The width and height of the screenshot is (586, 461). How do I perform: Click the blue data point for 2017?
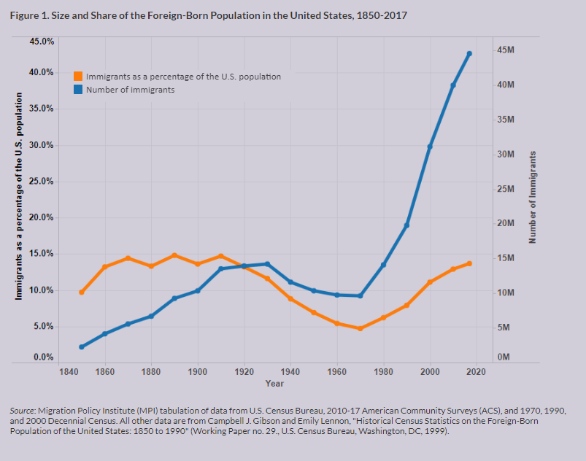(x=469, y=53)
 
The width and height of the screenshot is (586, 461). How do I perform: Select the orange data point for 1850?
(x=82, y=292)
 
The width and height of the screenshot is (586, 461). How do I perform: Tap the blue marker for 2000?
(x=430, y=147)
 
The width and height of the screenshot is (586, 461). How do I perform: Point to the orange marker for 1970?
(x=360, y=328)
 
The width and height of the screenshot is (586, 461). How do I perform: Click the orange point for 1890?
(x=174, y=255)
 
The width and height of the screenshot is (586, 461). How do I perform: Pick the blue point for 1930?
(x=267, y=264)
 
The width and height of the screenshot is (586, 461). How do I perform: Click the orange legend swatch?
(x=78, y=76)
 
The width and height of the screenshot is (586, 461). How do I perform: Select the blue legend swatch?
(x=78, y=90)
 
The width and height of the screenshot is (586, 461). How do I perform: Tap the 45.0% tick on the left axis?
(x=41, y=42)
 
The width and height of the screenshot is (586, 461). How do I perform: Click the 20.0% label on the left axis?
(x=41, y=217)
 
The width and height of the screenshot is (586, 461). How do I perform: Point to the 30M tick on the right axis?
(x=506, y=154)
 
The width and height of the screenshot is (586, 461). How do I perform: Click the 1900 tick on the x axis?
(x=198, y=372)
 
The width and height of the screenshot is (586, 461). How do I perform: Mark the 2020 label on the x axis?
(x=476, y=372)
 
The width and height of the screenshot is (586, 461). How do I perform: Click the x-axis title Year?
(x=274, y=384)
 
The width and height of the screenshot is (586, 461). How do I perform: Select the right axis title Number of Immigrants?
(x=533, y=197)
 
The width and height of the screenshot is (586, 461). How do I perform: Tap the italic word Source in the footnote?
(x=23, y=411)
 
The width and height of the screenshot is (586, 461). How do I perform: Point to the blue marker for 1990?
(x=406, y=225)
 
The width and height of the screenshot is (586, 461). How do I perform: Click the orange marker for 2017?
(x=469, y=263)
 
